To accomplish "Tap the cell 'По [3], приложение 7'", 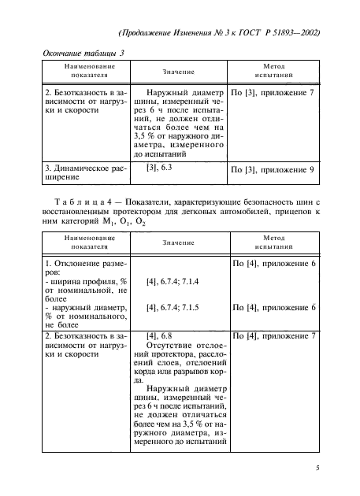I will click(273, 92).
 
